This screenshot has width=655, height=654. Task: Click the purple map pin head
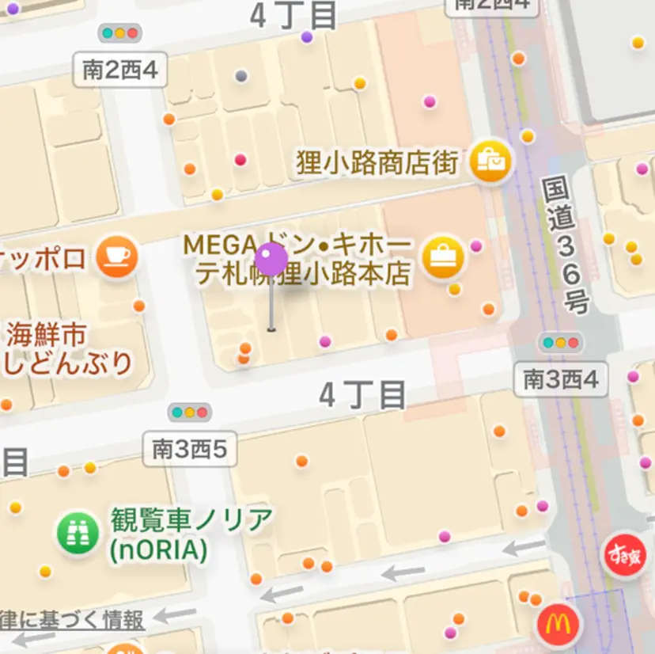point(271,260)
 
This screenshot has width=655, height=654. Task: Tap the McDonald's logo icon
point(558,625)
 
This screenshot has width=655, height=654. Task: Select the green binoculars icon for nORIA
point(78,534)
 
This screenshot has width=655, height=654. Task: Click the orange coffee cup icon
point(116,257)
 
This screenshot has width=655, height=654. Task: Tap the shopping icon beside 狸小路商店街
point(490,162)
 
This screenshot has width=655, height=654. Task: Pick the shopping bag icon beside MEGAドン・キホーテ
point(442,257)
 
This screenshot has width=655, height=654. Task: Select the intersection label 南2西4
point(120,70)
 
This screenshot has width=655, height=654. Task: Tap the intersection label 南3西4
point(561,380)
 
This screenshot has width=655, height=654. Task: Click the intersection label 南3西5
point(190,449)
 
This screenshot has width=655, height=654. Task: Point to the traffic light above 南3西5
point(190,413)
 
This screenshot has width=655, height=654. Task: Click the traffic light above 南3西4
point(560,344)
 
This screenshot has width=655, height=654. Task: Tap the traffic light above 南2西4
point(119,33)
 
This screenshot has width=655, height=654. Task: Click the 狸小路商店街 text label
point(377,163)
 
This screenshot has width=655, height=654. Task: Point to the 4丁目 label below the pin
point(363,394)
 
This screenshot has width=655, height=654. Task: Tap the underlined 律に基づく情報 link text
point(73,620)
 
